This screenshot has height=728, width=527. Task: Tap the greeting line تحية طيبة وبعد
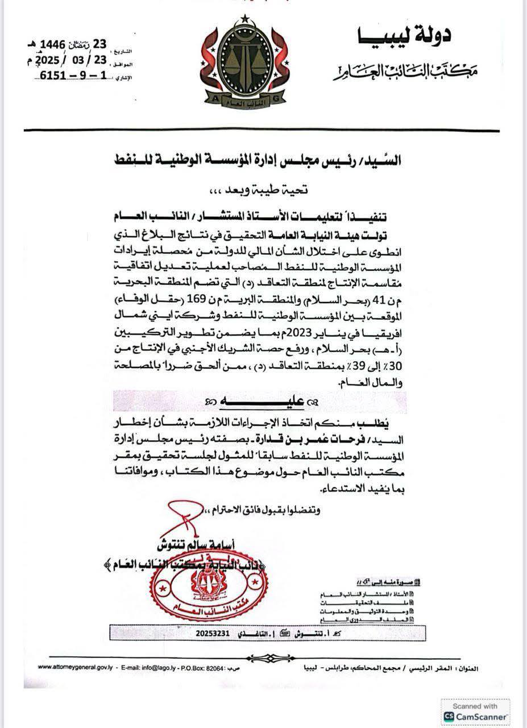264,192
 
